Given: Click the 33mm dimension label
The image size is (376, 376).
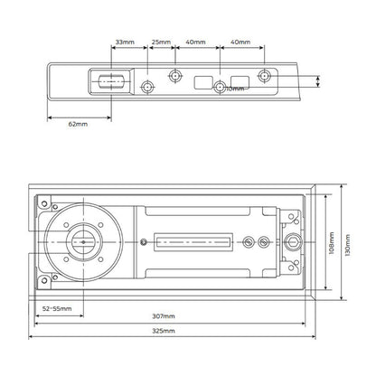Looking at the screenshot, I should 127,42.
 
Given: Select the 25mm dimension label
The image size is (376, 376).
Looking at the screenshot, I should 161,42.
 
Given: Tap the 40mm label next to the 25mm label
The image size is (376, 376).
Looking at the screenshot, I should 195,42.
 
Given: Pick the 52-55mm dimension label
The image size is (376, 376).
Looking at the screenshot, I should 58,308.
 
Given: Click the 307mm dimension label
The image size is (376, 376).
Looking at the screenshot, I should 164,316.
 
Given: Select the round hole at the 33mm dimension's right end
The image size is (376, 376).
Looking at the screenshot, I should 147,86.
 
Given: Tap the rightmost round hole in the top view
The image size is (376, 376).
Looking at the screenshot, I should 264,76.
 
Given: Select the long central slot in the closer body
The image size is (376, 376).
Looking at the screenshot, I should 192,241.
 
